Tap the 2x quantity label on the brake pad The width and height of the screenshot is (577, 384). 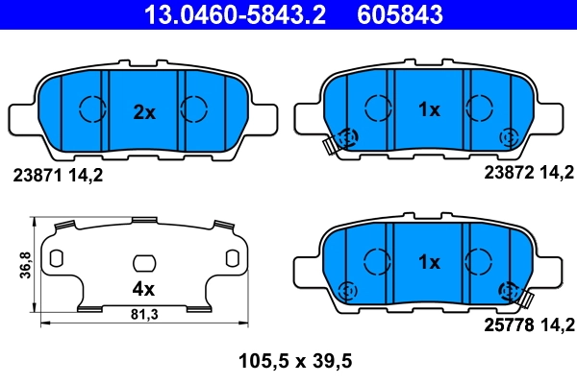tap(143, 112)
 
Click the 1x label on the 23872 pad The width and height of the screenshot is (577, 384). tap(428, 110)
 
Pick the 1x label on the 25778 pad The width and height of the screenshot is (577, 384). tap(428, 262)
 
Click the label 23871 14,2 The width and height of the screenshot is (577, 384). tap(56, 176)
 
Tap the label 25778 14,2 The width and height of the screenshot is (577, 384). tap(527, 325)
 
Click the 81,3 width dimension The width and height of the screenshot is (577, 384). tap(143, 315)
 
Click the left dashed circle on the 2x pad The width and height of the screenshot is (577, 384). tap(91, 108)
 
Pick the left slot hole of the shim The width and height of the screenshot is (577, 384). tap(56, 258)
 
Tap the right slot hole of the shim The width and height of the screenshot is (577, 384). tap(232, 258)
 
